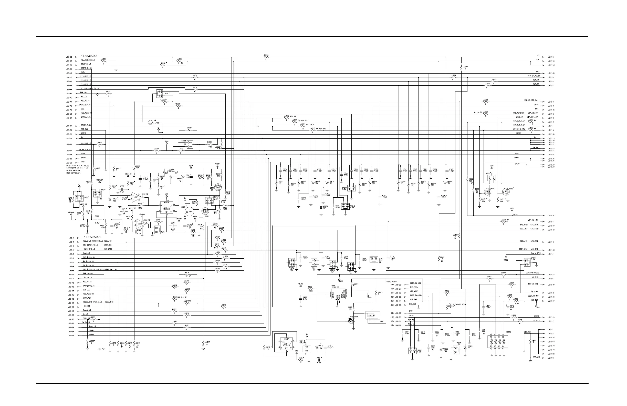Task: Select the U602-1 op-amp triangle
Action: coord(141,224)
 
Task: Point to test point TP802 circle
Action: coord(506,257)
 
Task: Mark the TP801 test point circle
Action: coord(536,306)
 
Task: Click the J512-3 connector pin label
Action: coord(551,57)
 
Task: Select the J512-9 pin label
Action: coord(551,358)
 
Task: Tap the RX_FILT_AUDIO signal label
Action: coord(533,76)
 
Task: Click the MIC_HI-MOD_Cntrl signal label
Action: coord(532,100)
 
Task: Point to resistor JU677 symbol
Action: coord(462,67)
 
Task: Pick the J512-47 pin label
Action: coord(551,155)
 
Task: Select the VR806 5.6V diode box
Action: coord(527,262)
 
